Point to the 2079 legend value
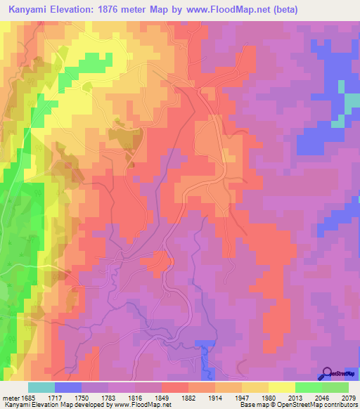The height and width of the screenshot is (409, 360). coord(349,397)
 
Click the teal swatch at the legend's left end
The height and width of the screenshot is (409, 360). coord(41,387)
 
